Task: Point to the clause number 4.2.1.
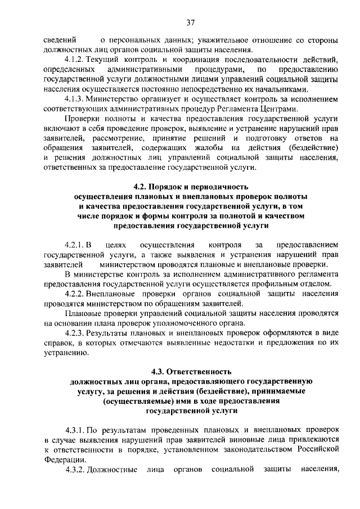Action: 76,245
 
